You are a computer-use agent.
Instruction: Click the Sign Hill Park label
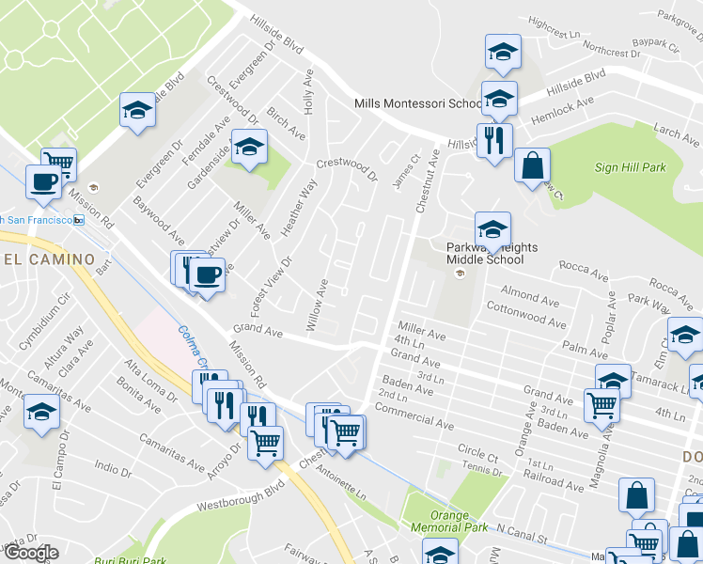pyautogui.click(x=630, y=168)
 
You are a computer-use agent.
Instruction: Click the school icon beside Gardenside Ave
pyautogui.click(x=249, y=146)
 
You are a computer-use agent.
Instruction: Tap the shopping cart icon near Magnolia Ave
pyautogui.click(x=602, y=405)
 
